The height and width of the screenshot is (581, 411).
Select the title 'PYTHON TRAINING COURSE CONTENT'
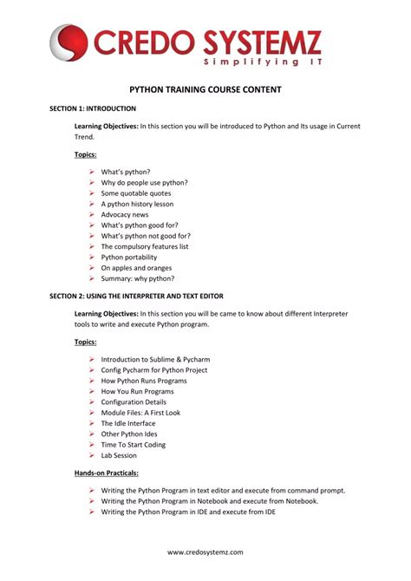click(205, 89)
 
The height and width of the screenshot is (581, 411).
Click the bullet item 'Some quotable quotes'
click(135, 193)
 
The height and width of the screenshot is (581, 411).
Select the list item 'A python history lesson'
click(138, 204)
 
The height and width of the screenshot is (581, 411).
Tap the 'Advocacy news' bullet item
click(124, 214)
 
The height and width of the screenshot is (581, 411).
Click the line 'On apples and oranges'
click(136, 268)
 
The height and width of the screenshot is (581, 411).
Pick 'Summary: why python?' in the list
click(137, 278)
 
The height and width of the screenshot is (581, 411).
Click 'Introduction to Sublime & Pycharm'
click(155, 359)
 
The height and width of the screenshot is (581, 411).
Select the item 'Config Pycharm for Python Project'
click(153, 370)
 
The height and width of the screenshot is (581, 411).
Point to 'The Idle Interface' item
click(127, 423)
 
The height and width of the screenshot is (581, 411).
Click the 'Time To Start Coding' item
click(133, 445)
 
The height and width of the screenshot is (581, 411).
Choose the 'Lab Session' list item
click(119, 455)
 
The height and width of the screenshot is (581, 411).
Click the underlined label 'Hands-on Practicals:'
click(107, 473)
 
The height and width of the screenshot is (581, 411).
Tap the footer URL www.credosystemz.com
click(205, 552)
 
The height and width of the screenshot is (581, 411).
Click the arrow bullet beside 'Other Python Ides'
click(91, 434)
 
